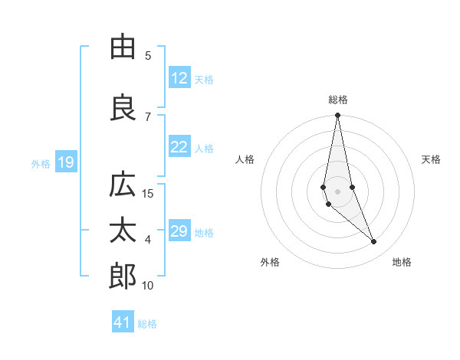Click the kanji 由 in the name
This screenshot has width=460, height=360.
coord(123,47)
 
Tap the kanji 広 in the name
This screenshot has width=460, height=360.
coord(123,185)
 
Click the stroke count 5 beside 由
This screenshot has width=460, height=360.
coord(147,55)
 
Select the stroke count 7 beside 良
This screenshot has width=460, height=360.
coord(147,116)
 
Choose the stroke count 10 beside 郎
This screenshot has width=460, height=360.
coord(148,285)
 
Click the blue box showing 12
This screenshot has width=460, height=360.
coord(179,78)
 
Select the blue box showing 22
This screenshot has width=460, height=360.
coord(179,148)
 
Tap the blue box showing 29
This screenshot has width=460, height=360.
coord(179,231)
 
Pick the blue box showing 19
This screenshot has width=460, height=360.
coord(65,162)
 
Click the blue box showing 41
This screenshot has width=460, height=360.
coord(123,322)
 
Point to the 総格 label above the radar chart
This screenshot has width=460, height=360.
coord(338,100)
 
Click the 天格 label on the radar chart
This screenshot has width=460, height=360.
coord(432,159)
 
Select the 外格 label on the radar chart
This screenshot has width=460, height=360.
coord(270,262)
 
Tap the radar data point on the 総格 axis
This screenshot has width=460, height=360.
coord(337,116)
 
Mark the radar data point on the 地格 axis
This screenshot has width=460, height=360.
coord(374,241)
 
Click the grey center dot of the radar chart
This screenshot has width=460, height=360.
coord(337,191)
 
